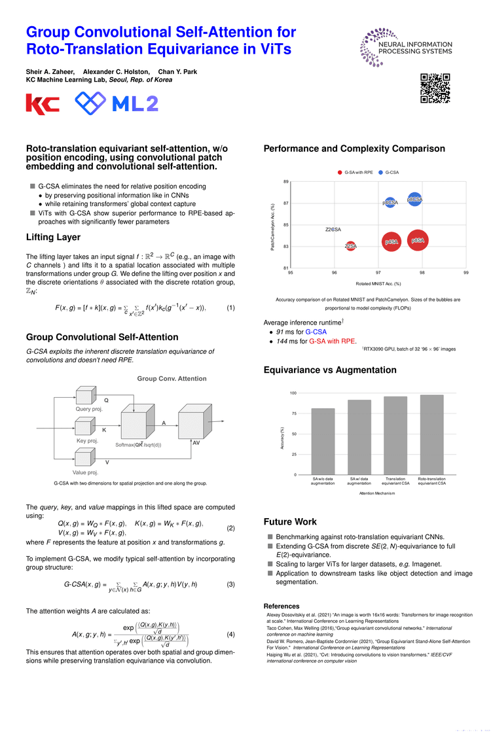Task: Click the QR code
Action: (x=435, y=88)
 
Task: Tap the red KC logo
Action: (x=43, y=104)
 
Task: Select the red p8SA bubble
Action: (x=418, y=241)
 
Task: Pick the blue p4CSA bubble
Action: (x=390, y=203)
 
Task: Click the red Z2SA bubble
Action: (x=351, y=246)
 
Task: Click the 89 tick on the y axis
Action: (x=286, y=182)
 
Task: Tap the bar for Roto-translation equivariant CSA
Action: (x=431, y=434)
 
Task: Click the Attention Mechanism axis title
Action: (x=376, y=493)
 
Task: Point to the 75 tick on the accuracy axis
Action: (x=294, y=413)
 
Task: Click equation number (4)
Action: (x=230, y=635)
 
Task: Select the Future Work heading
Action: (x=290, y=522)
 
